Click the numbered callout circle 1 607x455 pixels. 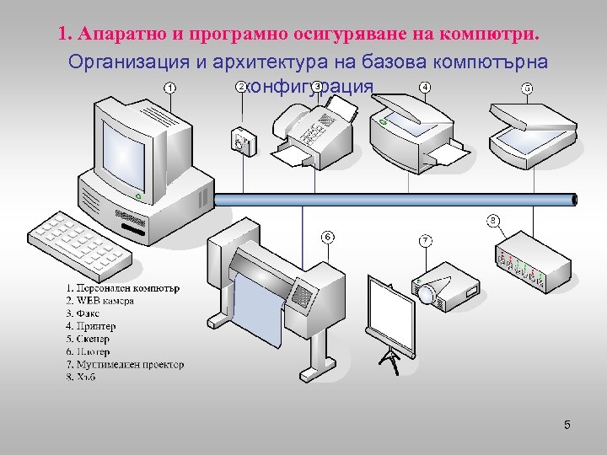171,88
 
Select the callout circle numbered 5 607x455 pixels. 527,88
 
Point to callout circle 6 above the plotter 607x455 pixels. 327,236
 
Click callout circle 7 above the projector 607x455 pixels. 427,241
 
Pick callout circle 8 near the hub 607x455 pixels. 493,221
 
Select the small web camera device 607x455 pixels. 243,141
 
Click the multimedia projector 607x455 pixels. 447,286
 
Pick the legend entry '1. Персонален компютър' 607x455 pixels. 122,288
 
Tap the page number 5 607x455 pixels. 567,425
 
